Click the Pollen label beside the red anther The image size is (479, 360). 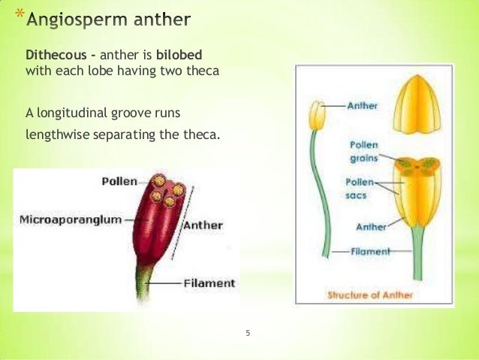tap(119, 181)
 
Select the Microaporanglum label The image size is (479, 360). tap(69, 220)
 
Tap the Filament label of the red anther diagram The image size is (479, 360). tap(209, 283)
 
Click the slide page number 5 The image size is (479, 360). tap(248, 331)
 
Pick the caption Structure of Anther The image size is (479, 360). tap(371, 295)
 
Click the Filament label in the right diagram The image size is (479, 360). tap(370, 252)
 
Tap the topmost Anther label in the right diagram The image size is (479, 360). tap(363, 106)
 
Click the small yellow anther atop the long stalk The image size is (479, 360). tap(318, 115)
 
